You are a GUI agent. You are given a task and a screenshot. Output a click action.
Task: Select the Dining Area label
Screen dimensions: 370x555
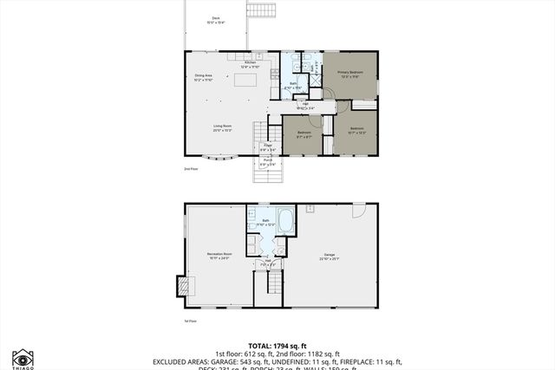[x=204, y=78]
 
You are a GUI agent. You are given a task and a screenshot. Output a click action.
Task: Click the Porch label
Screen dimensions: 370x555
[x=268, y=161]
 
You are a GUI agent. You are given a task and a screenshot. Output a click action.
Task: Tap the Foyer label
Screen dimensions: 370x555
[x=268, y=147]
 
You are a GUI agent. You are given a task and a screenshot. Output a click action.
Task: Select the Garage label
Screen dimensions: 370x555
[x=329, y=256]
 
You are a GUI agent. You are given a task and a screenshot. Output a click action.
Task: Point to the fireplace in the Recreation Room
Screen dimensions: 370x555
[x=181, y=286]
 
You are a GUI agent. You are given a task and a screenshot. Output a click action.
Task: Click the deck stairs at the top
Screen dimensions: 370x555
[x=262, y=10]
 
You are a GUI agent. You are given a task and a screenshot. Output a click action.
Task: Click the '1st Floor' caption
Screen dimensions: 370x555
[x=190, y=321]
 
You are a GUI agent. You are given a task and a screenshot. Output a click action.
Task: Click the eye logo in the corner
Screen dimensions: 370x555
[x=23, y=358]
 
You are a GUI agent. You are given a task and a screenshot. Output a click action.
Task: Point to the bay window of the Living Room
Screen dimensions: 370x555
[x=224, y=158]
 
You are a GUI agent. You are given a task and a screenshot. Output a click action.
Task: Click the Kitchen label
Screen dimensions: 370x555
[x=250, y=64]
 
